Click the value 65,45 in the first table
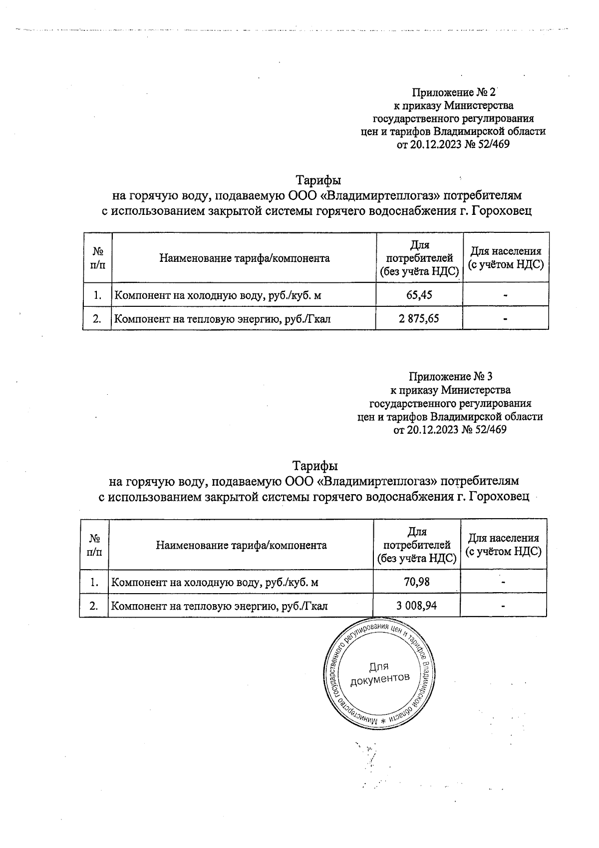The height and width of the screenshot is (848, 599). pos(419,295)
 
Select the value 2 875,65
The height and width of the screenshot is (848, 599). pos(419,318)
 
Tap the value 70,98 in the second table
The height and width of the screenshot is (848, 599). pos(416,582)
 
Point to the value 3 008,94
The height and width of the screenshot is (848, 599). pos(416,606)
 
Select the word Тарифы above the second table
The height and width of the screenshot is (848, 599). pos(315,466)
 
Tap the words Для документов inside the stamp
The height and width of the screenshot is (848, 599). pos(379,673)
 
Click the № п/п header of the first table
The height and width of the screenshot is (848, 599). pos(98,258)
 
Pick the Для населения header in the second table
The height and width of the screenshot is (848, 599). pos(503,545)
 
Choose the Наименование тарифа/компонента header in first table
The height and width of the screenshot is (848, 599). pos(245,258)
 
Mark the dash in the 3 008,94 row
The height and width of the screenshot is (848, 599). pos(504,606)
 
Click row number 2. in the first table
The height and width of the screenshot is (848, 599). pos(97,318)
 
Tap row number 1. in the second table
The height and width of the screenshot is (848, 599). pos(94,582)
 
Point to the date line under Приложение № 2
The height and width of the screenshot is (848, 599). pos(453,145)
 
